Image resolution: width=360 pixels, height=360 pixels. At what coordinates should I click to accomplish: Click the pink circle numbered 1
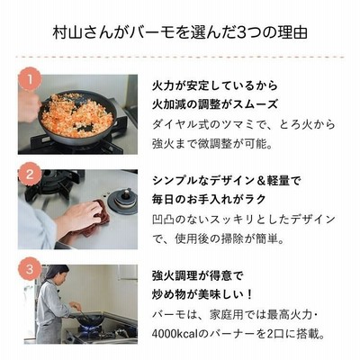point(30,79)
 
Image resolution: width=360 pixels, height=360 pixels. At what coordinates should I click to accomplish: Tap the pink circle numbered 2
point(30,174)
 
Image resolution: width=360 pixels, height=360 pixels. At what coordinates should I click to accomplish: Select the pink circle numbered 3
point(30,269)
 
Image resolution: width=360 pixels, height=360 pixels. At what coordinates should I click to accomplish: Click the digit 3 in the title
point(241,33)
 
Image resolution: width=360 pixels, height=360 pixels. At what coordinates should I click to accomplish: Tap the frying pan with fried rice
point(77,117)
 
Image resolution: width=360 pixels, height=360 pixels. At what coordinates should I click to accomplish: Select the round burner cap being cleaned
point(122,201)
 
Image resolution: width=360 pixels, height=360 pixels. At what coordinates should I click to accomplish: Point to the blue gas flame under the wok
point(90,328)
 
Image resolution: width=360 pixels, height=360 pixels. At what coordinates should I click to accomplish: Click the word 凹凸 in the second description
point(164,220)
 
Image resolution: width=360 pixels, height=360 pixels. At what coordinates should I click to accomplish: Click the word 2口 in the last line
point(276,333)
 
